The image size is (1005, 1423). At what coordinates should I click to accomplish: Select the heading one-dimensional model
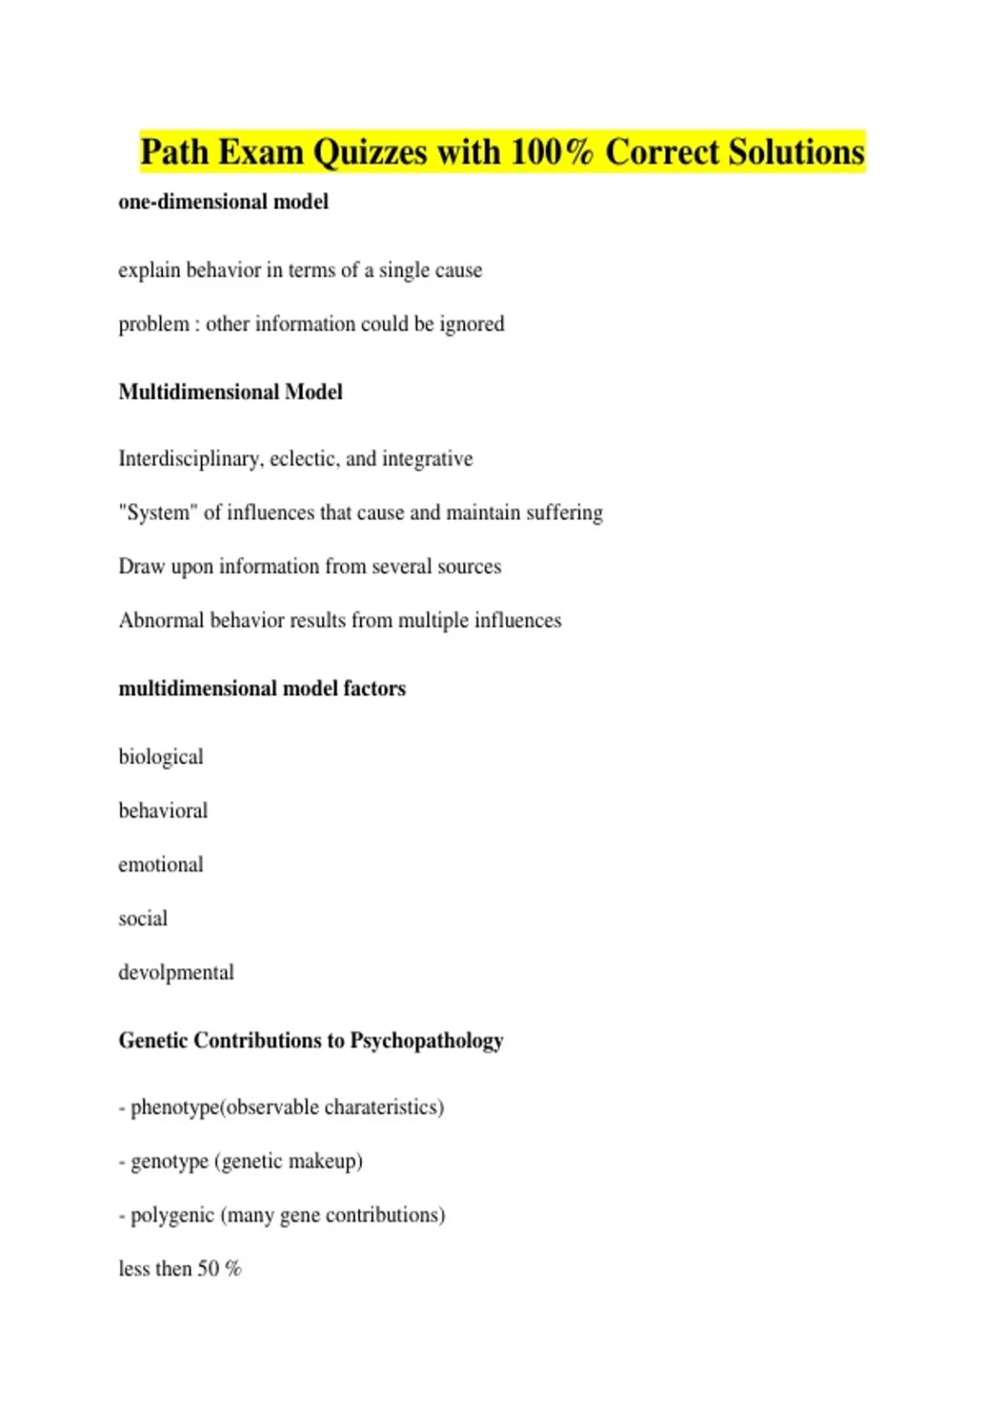[x=223, y=202]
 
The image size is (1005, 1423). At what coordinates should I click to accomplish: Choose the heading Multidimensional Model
[x=230, y=392]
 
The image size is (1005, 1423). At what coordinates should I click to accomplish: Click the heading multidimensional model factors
[x=262, y=688]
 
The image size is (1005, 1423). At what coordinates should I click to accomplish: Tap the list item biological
[x=161, y=757]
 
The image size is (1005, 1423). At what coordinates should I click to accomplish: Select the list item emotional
[x=161, y=865]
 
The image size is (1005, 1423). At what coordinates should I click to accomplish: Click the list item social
[x=143, y=918]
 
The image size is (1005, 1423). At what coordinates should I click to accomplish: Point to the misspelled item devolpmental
[x=176, y=973]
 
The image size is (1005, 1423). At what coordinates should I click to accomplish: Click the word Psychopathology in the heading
[x=426, y=1040]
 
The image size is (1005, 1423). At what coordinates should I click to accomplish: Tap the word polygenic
[x=173, y=1215]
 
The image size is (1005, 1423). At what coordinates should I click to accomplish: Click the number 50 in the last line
[x=208, y=1269]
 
